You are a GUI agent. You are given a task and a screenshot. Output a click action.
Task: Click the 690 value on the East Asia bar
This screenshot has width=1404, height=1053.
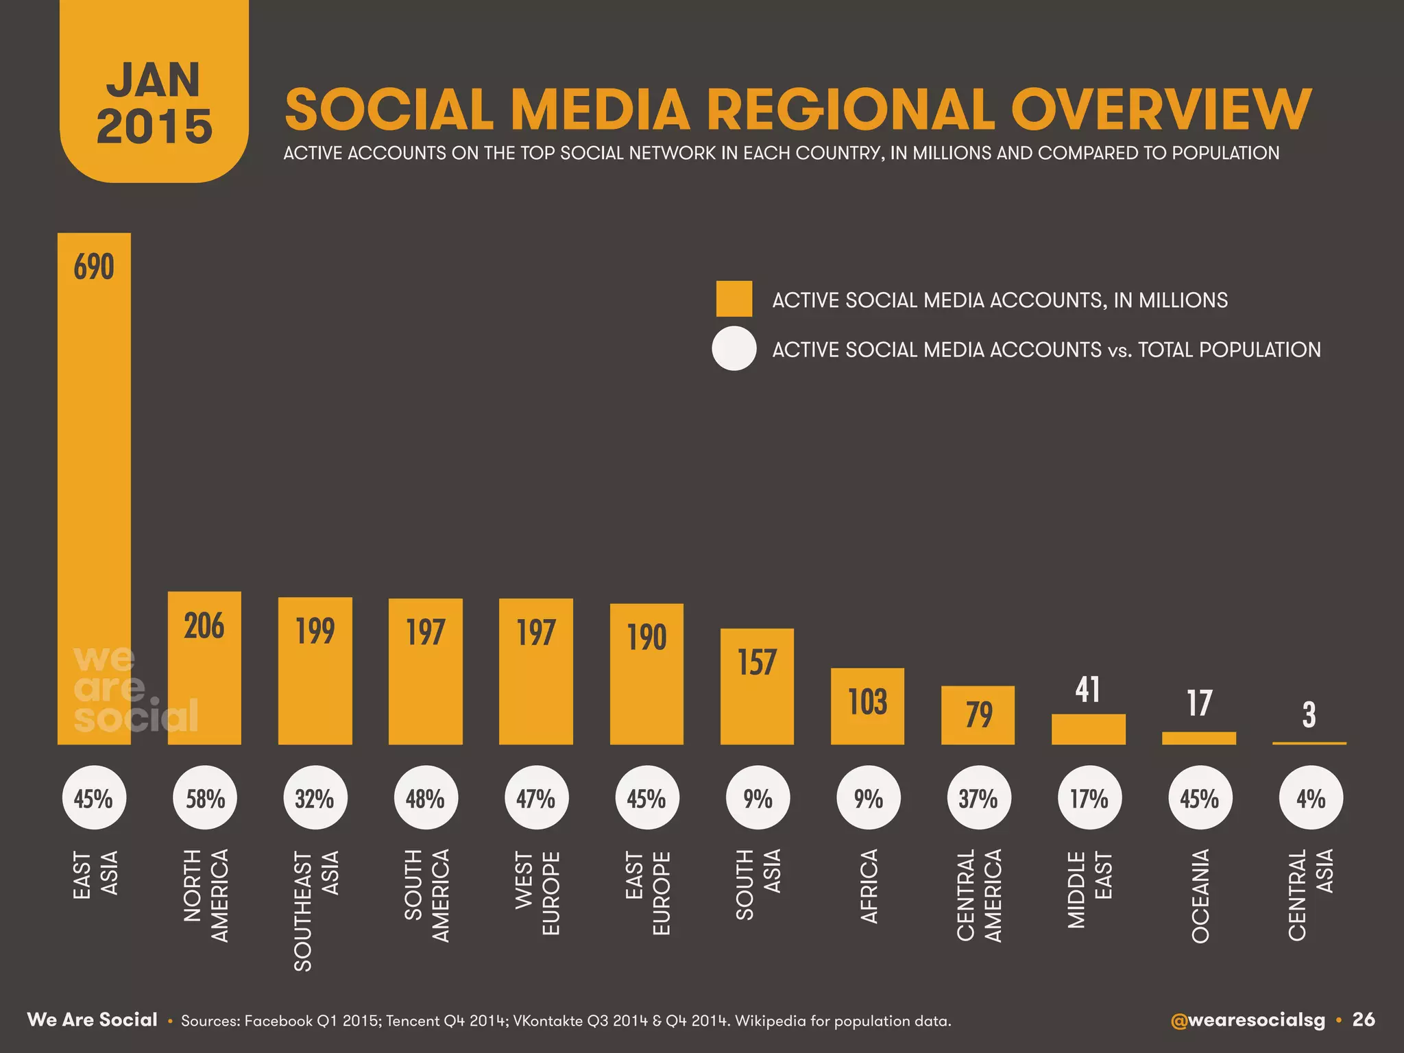point(94,267)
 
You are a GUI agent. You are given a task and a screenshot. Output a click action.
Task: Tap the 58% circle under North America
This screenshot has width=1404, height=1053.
point(205,799)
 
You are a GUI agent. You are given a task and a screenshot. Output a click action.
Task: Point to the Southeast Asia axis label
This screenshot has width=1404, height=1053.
point(316,910)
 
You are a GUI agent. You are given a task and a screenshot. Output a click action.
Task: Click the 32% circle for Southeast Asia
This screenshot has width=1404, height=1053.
point(315,799)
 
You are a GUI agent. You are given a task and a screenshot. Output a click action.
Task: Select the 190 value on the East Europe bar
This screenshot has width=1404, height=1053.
point(646,637)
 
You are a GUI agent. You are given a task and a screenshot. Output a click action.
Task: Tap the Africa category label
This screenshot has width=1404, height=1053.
point(869,886)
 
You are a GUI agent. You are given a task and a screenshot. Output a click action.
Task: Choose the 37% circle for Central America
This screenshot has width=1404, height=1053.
point(978,799)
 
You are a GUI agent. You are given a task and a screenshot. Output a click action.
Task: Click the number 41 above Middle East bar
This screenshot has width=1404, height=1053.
point(1088,690)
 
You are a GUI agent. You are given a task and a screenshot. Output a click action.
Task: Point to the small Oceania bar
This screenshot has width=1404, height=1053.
point(1199,738)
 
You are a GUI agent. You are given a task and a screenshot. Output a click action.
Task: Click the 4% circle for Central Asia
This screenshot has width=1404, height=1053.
point(1310,799)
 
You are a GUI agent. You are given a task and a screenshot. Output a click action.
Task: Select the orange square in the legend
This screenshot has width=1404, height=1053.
point(734,299)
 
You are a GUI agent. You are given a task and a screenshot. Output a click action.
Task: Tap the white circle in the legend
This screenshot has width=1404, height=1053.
point(734,349)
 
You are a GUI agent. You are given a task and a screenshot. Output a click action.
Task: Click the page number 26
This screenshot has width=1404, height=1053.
point(1364,1020)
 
